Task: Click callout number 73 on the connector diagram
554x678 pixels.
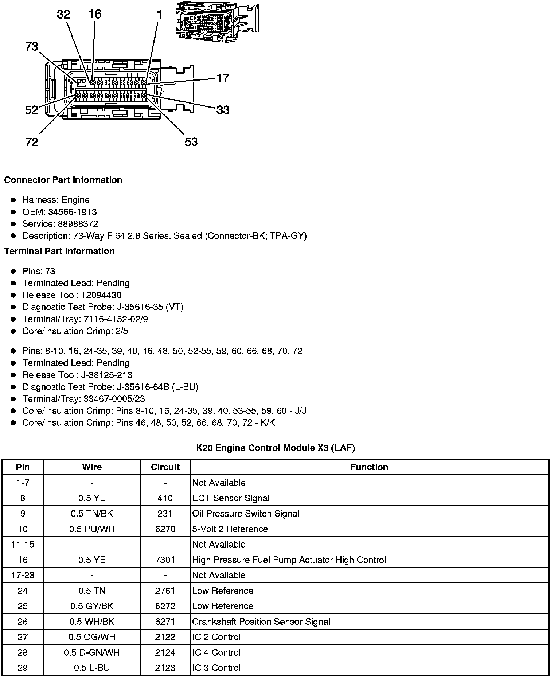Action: pyautogui.click(x=32, y=47)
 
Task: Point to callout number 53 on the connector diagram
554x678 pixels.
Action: pyautogui.click(x=191, y=142)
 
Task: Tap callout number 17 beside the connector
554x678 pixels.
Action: pyautogui.click(x=223, y=78)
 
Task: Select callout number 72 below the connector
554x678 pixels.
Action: pyautogui.click(x=32, y=142)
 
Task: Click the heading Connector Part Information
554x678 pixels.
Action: pyautogui.click(x=63, y=180)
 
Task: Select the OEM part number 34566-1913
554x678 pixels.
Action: pyautogui.click(x=73, y=212)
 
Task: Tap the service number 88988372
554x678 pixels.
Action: pyautogui.click(x=78, y=224)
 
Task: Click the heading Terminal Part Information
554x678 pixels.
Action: pyautogui.click(x=59, y=251)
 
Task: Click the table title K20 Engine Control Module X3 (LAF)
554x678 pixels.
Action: pyautogui.click(x=275, y=448)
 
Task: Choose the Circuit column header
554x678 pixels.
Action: pyautogui.click(x=165, y=467)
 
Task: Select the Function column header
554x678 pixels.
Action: pyautogui.click(x=369, y=467)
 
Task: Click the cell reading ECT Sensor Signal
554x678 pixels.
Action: pyautogui.click(x=231, y=498)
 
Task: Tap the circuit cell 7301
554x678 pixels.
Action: pyautogui.click(x=165, y=560)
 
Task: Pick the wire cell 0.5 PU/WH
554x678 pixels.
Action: pyautogui.click(x=92, y=529)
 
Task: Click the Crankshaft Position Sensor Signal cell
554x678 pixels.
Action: pyautogui.click(x=261, y=621)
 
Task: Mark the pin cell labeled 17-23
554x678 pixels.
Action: pyautogui.click(x=23, y=575)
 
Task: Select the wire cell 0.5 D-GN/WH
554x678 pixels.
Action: pyautogui.click(x=92, y=652)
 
